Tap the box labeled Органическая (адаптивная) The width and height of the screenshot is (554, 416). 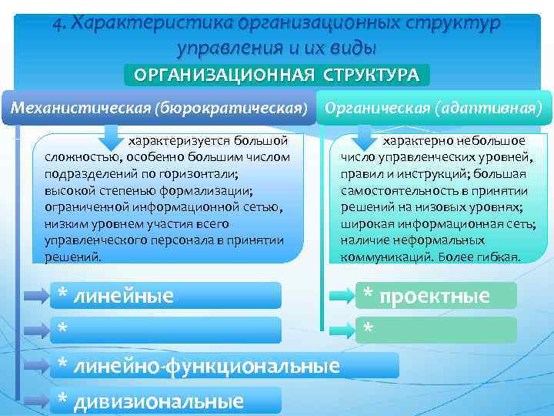pyautogui.click(x=435, y=106)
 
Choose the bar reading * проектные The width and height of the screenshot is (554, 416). pyautogui.click(x=436, y=296)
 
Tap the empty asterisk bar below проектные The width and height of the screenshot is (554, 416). pyautogui.click(x=436, y=330)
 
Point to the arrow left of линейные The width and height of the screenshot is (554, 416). pyautogui.click(x=34, y=296)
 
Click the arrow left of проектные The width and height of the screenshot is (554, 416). pyautogui.click(x=340, y=296)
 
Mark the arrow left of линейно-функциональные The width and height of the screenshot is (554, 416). pyautogui.click(x=34, y=365)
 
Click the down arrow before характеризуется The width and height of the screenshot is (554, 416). pyautogui.click(x=110, y=140)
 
